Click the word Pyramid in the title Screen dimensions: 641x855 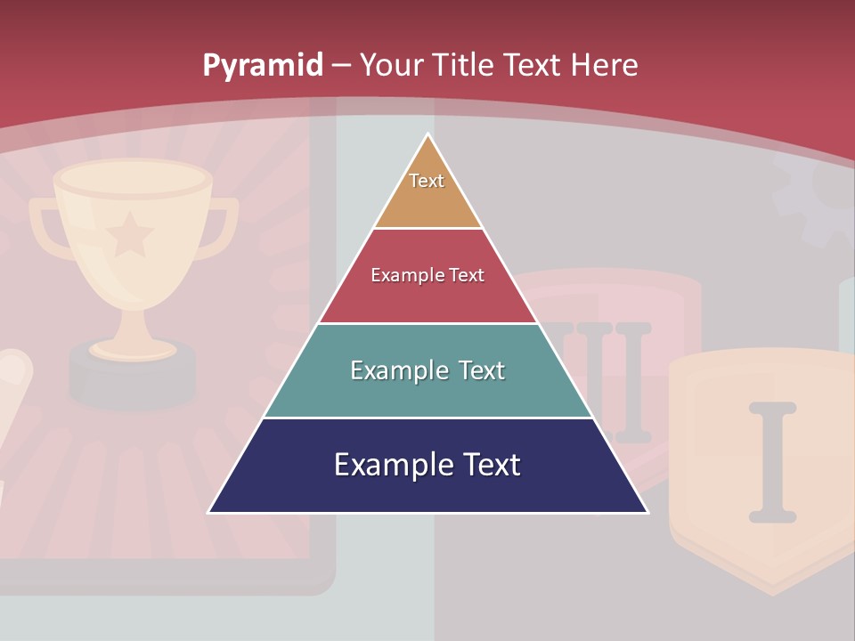[x=263, y=65]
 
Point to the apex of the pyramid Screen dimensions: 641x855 [x=428, y=135]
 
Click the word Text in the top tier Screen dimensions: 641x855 [x=427, y=181]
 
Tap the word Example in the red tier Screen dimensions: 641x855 [x=398, y=275]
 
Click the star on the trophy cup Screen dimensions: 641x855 [x=130, y=233]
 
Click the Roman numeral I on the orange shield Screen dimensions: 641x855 [x=771, y=461]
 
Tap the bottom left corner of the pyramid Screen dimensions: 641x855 [x=210, y=512]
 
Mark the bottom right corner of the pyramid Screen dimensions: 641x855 [x=646, y=512]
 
